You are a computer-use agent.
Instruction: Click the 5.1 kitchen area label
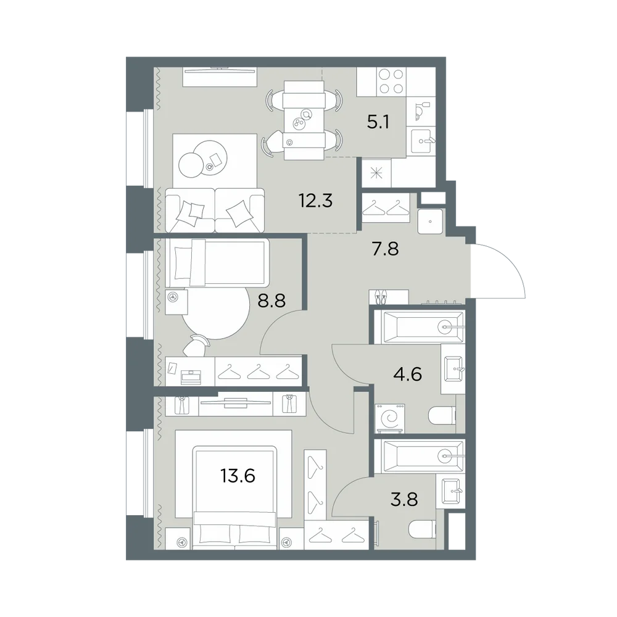(378, 122)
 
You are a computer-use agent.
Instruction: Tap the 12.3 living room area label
(315, 201)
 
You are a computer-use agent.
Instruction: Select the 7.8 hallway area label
(385, 249)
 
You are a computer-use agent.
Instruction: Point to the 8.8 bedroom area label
(271, 301)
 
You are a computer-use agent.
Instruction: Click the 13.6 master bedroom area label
(238, 476)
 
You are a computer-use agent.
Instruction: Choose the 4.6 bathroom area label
(408, 374)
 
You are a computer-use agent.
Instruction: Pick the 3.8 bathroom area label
(404, 500)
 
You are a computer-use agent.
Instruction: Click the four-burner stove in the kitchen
(391, 81)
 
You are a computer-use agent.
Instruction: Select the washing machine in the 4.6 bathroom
(391, 418)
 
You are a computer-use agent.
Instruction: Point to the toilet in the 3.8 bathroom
(422, 529)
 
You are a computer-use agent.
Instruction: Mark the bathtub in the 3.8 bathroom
(420, 457)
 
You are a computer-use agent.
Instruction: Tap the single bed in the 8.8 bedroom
(217, 262)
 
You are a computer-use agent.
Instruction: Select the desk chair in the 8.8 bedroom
(197, 346)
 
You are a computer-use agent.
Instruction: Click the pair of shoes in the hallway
(381, 297)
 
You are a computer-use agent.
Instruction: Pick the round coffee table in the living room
(202, 159)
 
